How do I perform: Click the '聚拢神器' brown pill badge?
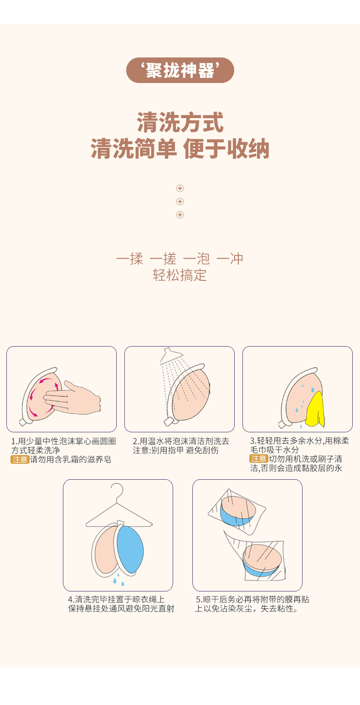coord(180,70)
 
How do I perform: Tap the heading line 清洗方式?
coord(180,122)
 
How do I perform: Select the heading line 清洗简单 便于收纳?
coord(180,149)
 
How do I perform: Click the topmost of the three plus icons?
coord(180,188)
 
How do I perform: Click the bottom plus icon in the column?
coord(180,215)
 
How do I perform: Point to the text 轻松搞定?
coord(180,275)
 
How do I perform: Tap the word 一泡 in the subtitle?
coord(196,259)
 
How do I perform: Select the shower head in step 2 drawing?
coord(170,356)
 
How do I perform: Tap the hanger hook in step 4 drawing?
coord(117,492)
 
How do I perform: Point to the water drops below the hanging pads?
coord(118,580)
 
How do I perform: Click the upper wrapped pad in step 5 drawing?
coord(237,512)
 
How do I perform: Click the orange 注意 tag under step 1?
coord(20,460)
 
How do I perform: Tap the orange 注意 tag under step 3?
coord(259,459)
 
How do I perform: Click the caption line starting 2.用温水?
coord(181,441)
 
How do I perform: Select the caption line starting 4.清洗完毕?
coord(116,599)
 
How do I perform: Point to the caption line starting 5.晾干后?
coord(252,599)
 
